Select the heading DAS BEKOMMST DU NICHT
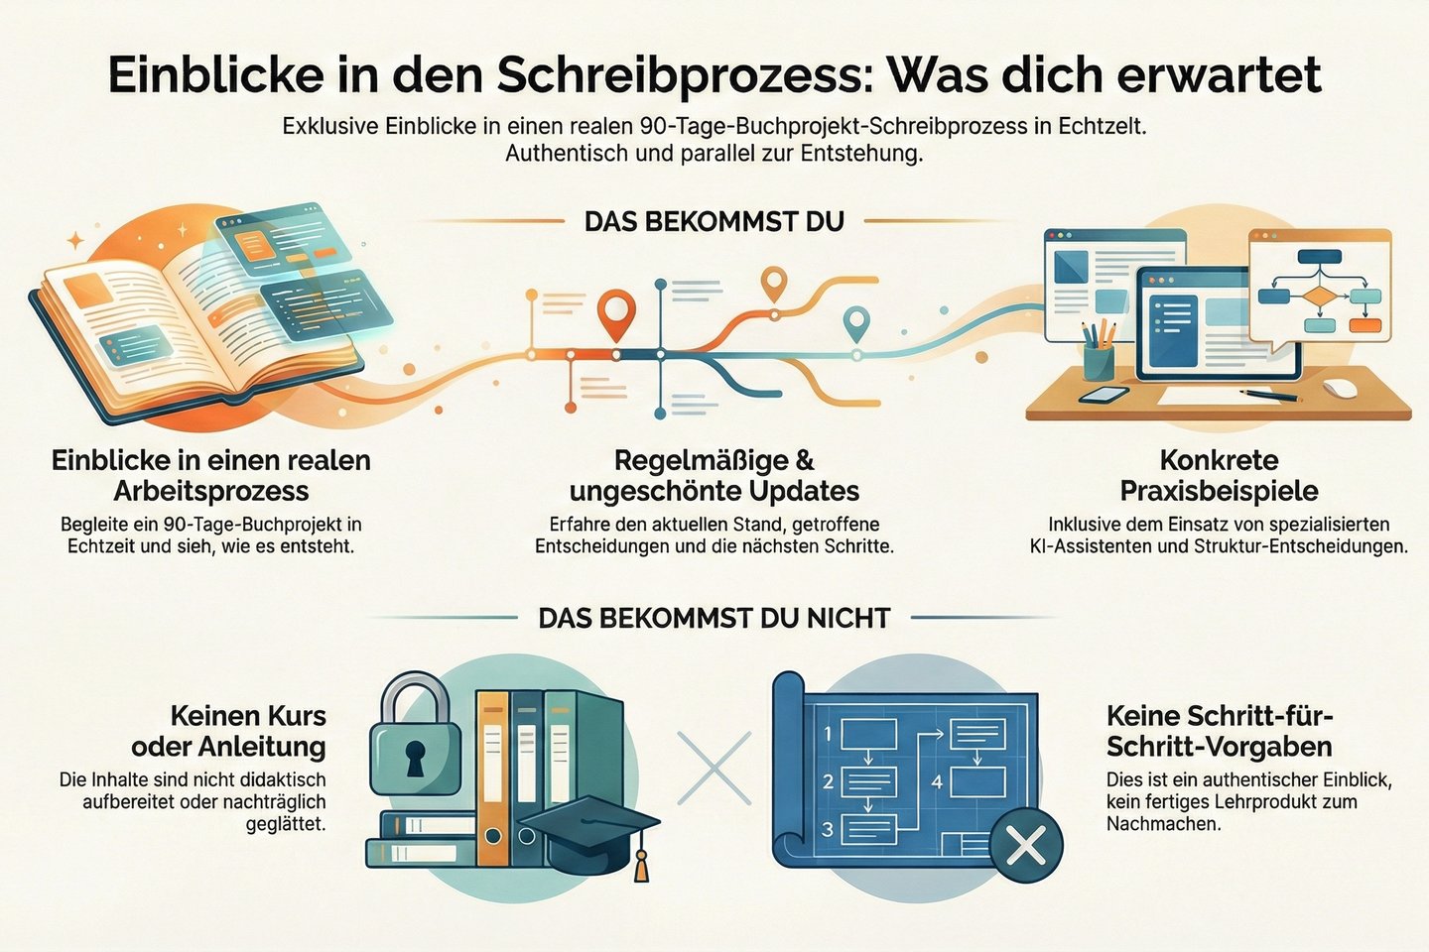click(714, 618)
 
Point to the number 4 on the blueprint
click(937, 781)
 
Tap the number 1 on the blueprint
click(827, 734)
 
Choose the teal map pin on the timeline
click(855, 323)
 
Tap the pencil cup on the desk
click(1100, 359)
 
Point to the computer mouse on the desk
click(1342, 387)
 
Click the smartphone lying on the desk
click(1104, 395)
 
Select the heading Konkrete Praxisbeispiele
click(1219, 475)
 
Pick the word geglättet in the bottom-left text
click(286, 823)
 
